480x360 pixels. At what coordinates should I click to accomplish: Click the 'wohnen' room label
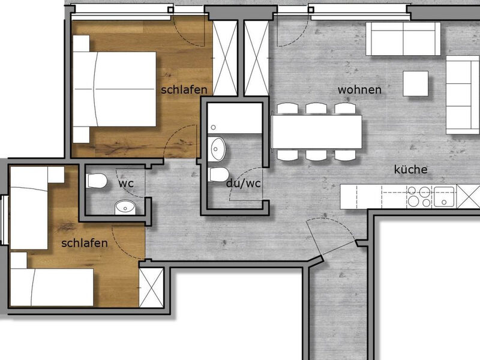tap(359, 90)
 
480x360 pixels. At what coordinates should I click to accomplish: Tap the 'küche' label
tap(410, 169)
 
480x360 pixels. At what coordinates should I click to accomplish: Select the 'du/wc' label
tap(244, 184)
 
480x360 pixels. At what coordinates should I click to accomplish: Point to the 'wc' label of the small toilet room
tap(126, 184)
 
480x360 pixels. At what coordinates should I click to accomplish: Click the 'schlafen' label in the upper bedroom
tap(184, 89)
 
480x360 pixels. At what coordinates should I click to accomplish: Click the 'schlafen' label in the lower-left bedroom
tap(85, 243)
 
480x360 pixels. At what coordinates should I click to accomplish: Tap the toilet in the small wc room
tap(97, 181)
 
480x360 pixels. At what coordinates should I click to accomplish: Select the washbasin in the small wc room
tap(125, 207)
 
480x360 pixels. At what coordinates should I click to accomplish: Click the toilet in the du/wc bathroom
tap(219, 175)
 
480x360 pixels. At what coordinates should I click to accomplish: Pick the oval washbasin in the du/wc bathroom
tap(217, 149)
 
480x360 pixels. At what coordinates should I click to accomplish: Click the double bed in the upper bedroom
tap(115, 89)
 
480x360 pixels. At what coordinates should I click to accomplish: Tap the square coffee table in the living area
tap(415, 83)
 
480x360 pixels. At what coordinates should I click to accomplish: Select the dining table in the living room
tap(317, 132)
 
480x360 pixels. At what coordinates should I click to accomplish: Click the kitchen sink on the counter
tap(445, 197)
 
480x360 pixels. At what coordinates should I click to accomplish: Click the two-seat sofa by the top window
tap(403, 38)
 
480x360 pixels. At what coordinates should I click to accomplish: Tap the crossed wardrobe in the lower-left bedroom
tap(151, 288)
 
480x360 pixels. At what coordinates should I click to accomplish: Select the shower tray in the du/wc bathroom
tap(235, 118)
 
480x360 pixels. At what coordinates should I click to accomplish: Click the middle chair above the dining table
tap(316, 109)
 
